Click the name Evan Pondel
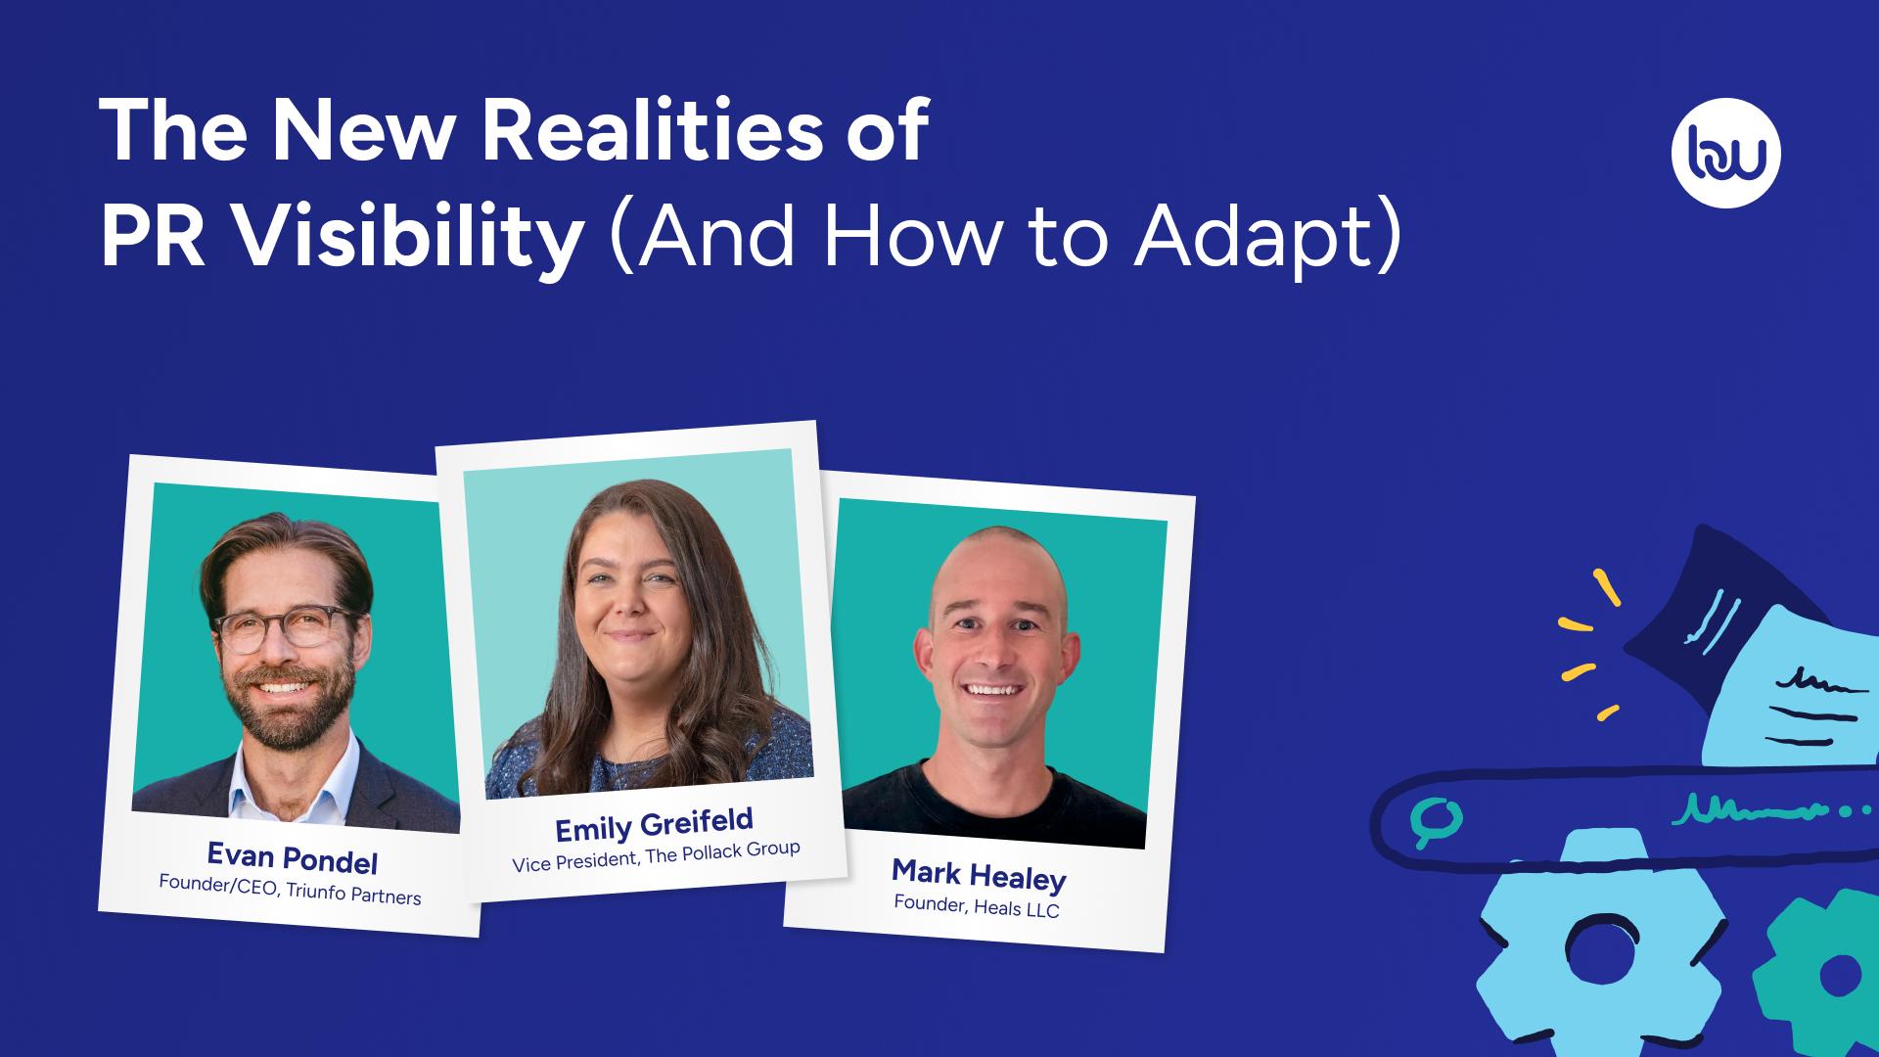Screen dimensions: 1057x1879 coord(292,858)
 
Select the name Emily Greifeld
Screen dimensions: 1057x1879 coord(654,824)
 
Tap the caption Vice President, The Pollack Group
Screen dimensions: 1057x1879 coord(656,856)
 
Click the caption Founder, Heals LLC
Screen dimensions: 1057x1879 coord(976,906)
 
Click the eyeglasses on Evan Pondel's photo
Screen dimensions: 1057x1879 coord(284,629)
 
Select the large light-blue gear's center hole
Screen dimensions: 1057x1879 coord(1601,955)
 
